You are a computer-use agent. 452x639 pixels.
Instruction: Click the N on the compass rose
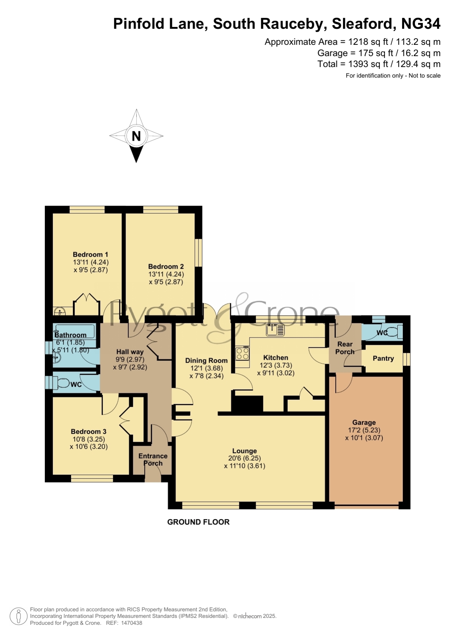[x=136, y=136]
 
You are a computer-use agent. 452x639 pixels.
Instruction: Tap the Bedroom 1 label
[x=90, y=255]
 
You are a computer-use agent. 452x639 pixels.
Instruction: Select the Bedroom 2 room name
[x=166, y=267]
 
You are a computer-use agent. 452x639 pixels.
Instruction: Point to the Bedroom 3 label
[x=89, y=431]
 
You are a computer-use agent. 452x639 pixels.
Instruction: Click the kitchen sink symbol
[x=275, y=330]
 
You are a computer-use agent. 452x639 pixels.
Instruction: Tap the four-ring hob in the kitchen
[x=243, y=353]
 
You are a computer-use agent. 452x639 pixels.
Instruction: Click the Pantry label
[x=383, y=358]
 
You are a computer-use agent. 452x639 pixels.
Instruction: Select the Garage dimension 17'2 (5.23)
[x=364, y=430]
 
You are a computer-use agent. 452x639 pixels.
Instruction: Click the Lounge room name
[x=244, y=451]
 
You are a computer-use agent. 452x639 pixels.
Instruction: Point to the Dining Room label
[x=206, y=360]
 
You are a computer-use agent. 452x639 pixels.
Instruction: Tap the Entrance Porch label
[x=153, y=459]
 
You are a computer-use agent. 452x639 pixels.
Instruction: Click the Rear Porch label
[x=345, y=348]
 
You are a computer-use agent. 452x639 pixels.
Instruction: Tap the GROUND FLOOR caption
[x=198, y=522]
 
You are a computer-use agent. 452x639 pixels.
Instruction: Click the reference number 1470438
[x=131, y=623]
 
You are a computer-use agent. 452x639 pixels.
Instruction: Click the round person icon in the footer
[x=18, y=616]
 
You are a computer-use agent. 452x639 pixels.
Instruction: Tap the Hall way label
[x=130, y=352]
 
